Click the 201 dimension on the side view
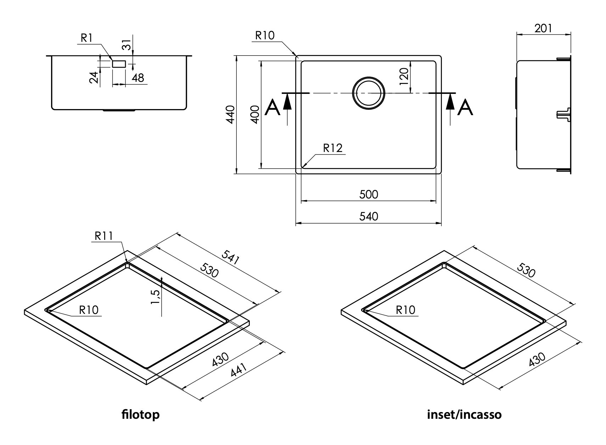[543, 28]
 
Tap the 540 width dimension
[369, 216]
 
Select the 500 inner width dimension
[369, 194]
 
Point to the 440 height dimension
[230, 114]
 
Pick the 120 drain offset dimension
[404, 76]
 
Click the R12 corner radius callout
[333, 148]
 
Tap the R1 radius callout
[86, 38]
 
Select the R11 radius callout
[103, 236]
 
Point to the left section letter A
[273, 107]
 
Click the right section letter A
[465, 107]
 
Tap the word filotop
[140, 414]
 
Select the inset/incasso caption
[464, 414]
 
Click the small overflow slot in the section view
[119, 64]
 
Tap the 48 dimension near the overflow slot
[138, 78]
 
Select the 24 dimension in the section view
[93, 77]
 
